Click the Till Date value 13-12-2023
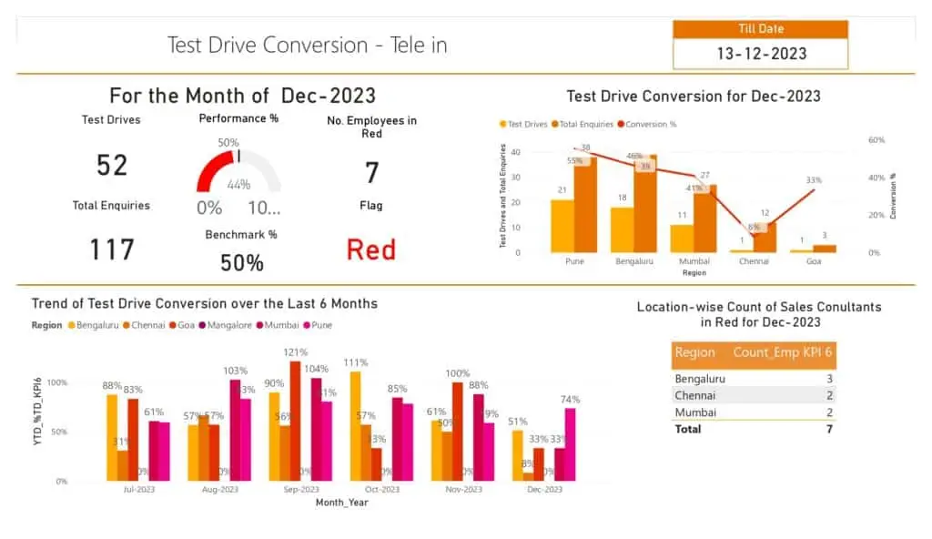point(761,54)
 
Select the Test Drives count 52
point(112,165)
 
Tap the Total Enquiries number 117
point(112,249)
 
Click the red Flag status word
point(371,249)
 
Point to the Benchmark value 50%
point(241,263)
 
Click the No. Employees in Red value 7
point(371,172)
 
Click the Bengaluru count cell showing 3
point(829,379)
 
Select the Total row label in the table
point(688,428)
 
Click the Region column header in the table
point(694,353)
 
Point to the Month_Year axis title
point(341,502)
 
